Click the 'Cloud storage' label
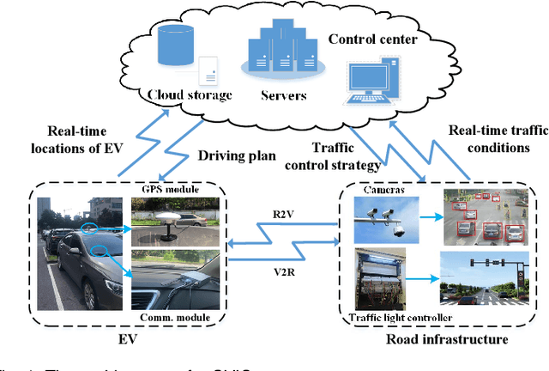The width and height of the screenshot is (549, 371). pos(190,94)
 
